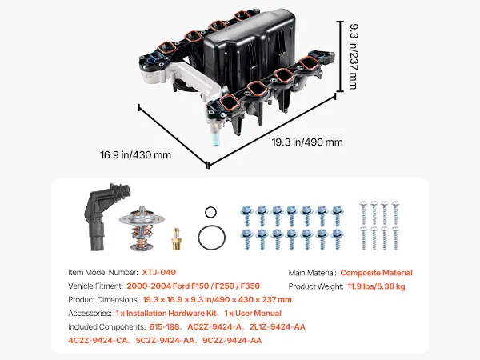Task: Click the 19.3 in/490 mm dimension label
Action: click(x=307, y=142)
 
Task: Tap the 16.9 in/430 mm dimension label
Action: click(x=135, y=155)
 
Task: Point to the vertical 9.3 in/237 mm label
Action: click(x=354, y=56)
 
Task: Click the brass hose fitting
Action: click(x=176, y=239)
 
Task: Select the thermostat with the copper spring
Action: click(x=142, y=228)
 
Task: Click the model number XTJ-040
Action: click(x=159, y=273)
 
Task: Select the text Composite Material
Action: click(x=376, y=273)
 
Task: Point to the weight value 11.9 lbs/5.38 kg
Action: click(x=376, y=286)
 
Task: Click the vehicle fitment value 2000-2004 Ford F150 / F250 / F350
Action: click(x=193, y=286)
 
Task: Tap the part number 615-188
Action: click(x=164, y=327)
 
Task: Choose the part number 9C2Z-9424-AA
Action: click(x=232, y=341)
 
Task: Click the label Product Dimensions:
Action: click(x=103, y=300)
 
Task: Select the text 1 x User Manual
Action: click(x=253, y=314)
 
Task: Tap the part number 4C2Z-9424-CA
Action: click(x=98, y=341)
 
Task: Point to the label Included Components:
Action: click(x=106, y=327)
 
